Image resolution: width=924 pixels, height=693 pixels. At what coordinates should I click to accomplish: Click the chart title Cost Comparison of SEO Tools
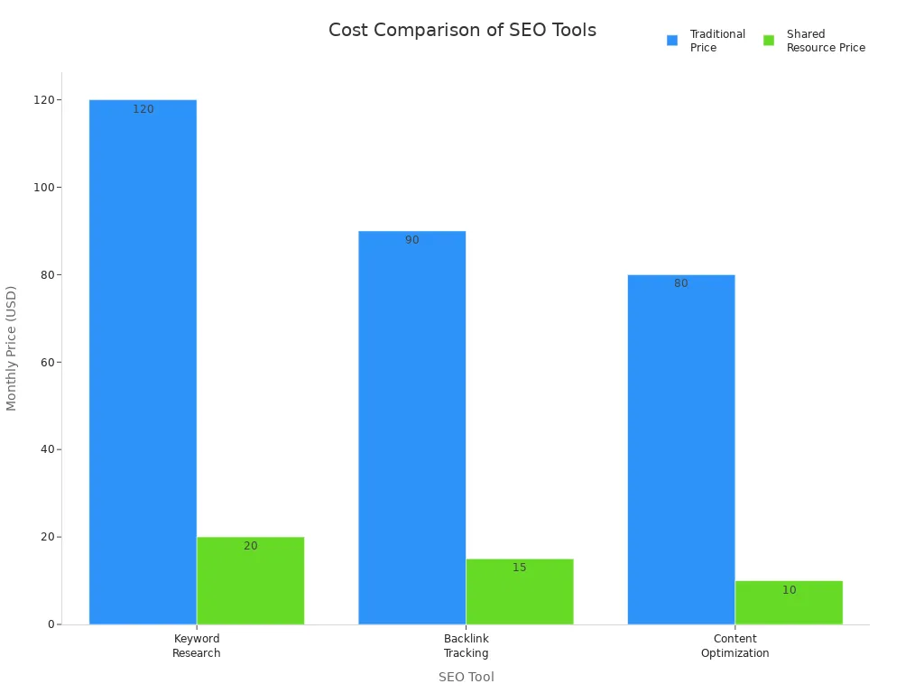462,31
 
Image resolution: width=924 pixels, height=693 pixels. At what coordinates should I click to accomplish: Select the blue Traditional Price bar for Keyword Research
143,361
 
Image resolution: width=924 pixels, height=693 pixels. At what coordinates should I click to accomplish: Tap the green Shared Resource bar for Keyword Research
250,581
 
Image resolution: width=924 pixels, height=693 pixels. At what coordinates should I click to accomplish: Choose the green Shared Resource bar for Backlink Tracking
519,592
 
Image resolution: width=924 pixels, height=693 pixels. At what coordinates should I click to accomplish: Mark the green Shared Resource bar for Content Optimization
789,603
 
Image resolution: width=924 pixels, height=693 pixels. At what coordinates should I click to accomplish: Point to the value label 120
143,110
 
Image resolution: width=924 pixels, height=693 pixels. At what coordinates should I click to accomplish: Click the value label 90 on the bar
411,241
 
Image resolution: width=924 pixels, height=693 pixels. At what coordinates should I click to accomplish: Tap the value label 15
519,568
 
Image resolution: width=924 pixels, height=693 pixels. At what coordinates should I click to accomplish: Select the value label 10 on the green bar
789,591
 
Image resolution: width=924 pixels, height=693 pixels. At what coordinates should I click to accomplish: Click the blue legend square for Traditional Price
672,41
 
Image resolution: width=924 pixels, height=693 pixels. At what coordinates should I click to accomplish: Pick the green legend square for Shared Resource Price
769,41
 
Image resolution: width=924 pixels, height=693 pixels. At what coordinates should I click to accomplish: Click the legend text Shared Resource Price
825,41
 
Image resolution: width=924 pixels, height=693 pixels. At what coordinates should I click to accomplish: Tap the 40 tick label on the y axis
43,449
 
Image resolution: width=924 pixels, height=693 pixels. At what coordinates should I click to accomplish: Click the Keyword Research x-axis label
196,646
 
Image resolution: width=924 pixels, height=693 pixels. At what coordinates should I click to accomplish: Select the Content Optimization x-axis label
735,646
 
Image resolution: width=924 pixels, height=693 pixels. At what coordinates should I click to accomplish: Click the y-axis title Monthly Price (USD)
12,347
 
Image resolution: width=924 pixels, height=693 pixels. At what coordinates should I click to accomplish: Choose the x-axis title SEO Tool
466,677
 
